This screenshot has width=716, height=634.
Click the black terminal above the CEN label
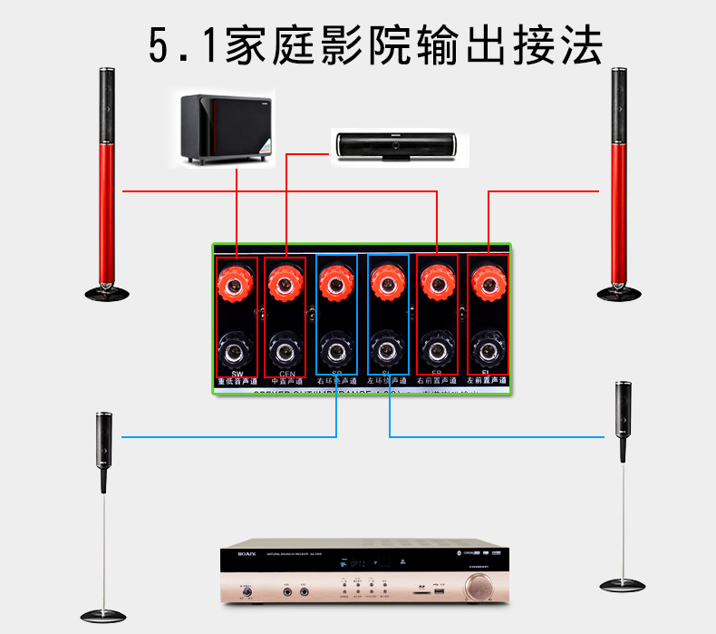click(x=286, y=348)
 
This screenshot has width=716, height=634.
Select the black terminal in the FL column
click(x=489, y=348)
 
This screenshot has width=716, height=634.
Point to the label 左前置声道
click(x=489, y=383)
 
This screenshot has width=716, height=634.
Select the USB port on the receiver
click(x=438, y=591)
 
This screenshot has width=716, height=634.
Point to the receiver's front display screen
click(x=363, y=565)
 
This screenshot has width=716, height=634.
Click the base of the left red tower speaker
click(x=107, y=291)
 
